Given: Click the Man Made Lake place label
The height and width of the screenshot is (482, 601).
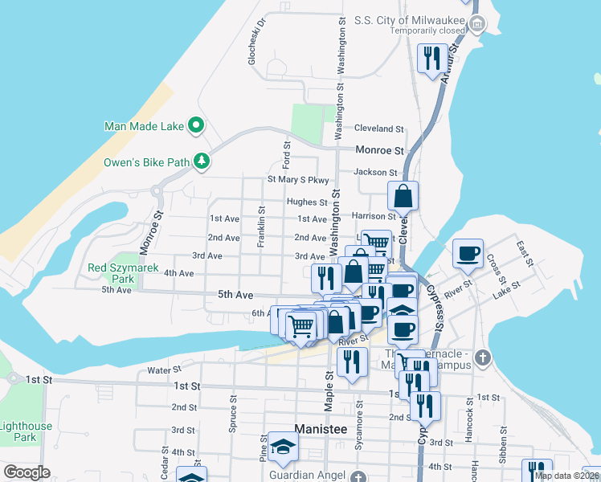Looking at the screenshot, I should (x=143, y=126).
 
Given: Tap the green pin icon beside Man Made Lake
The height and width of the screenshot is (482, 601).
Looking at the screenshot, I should (x=195, y=125).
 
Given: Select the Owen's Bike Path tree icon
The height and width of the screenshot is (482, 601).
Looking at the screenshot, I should (x=201, y=161).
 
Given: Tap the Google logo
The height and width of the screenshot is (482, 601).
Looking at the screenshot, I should (x=27, y=472).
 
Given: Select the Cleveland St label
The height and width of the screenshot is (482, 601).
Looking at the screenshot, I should (x=378, y=129).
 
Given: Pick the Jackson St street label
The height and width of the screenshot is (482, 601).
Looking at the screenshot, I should (x=375, y=173).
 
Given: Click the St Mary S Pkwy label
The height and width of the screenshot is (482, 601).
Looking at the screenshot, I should (x=297, y=181).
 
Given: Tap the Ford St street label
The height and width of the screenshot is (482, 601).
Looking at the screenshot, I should (x=286, y=151).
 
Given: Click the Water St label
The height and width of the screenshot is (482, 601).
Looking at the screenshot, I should (x=166, y=370).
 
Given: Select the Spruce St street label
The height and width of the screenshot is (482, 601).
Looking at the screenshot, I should (x=233, y=413).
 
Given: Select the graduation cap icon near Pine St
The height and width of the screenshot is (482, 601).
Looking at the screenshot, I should (x=283, y=447).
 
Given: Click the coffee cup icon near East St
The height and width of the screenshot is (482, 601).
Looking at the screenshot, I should (x=468, y=255).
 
